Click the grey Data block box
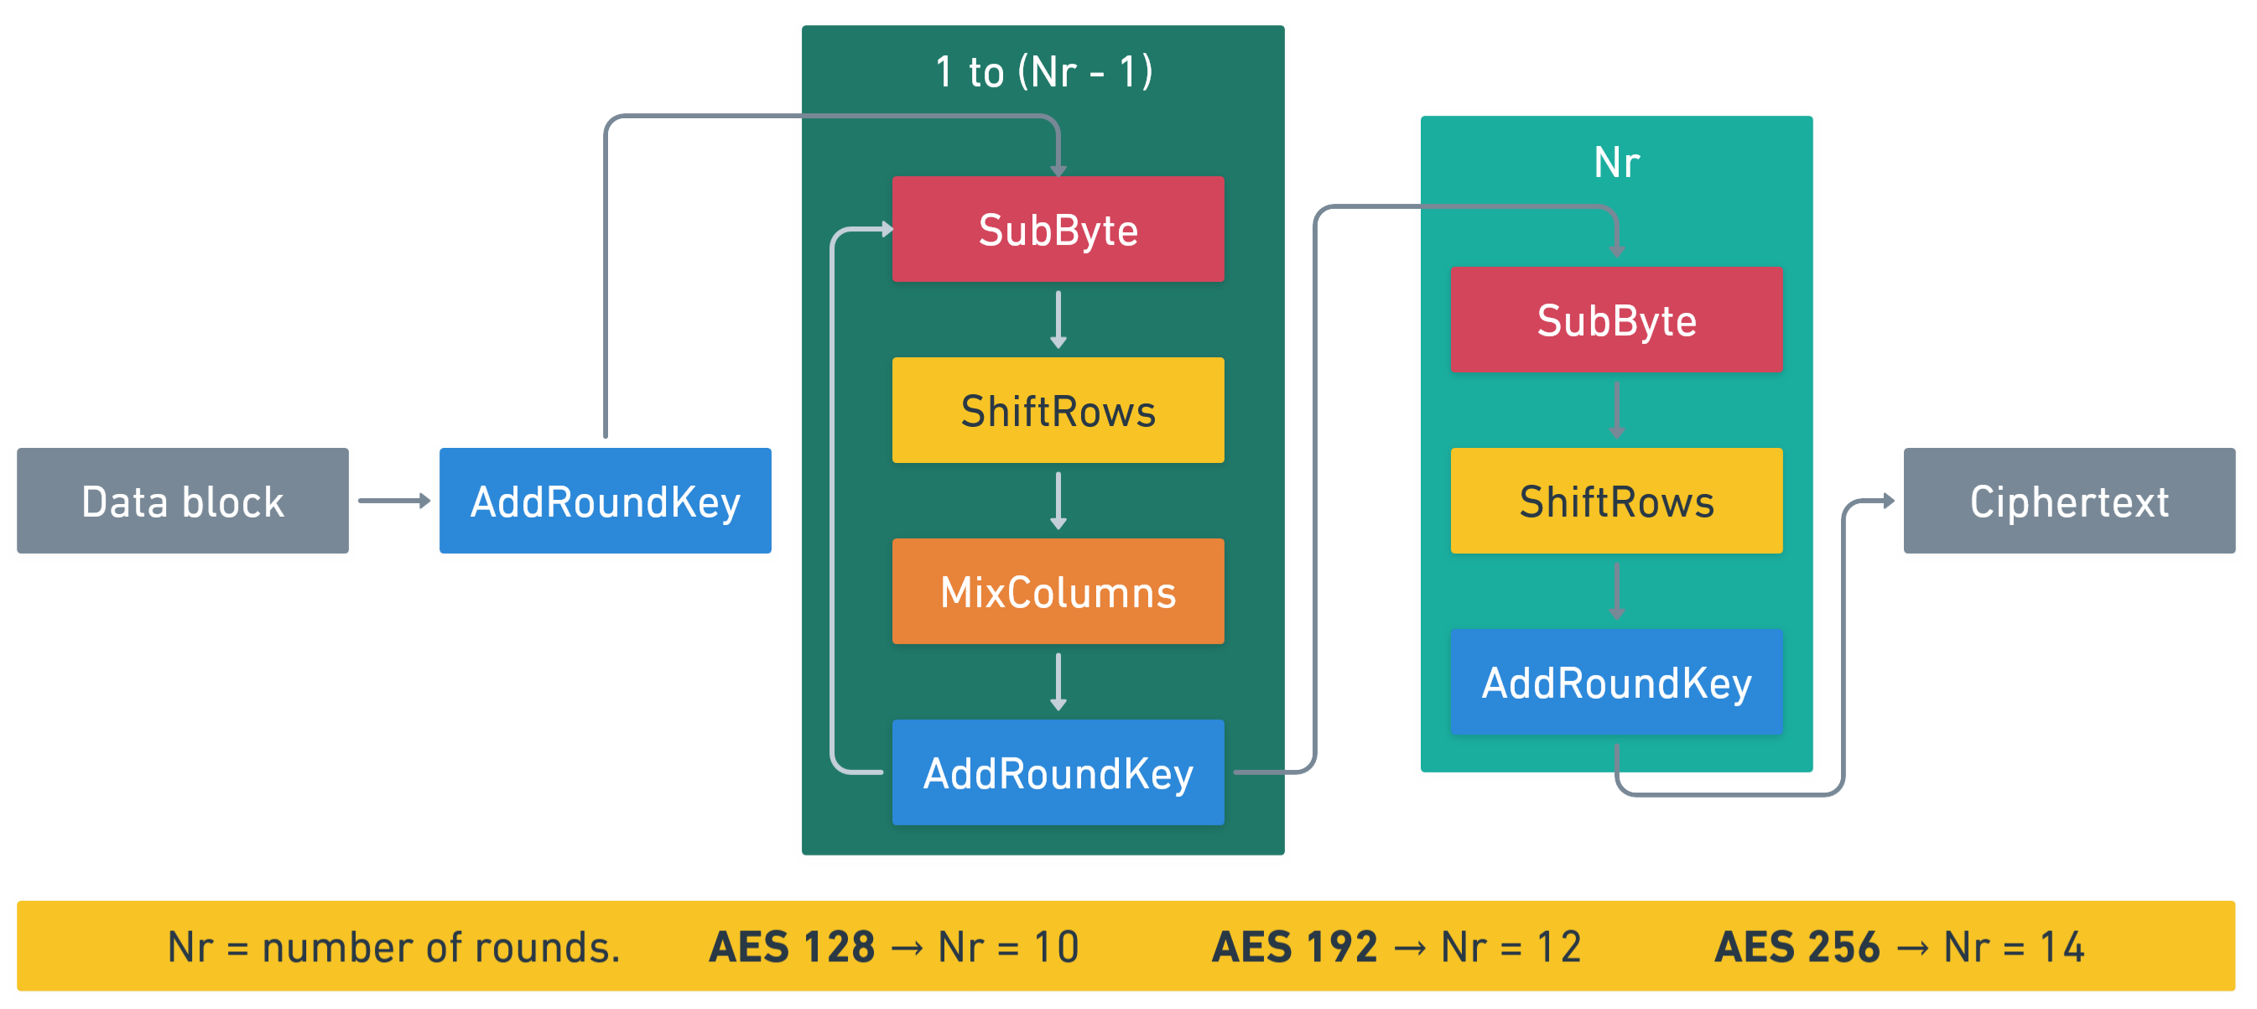[182, 501]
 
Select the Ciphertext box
[2068, 501]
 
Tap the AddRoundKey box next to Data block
[605, 501]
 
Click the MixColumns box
[1058, 592]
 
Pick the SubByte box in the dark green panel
[1058, 230]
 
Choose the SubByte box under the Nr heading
[1615, 320]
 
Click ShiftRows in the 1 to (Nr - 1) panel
[1058, 411]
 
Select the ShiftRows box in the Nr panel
[1615, 501]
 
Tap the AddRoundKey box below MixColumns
[1058, 772]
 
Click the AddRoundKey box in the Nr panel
[1615, 682]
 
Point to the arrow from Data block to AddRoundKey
[393, 501]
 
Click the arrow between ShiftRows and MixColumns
[1058, 501]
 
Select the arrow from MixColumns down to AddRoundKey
[1058, 681]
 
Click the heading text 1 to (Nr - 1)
[1043, 72]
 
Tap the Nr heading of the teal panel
[1615, 163]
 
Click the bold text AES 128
[791, 947]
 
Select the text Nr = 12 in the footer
[1511, 947]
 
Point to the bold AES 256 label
[1797, 947]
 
